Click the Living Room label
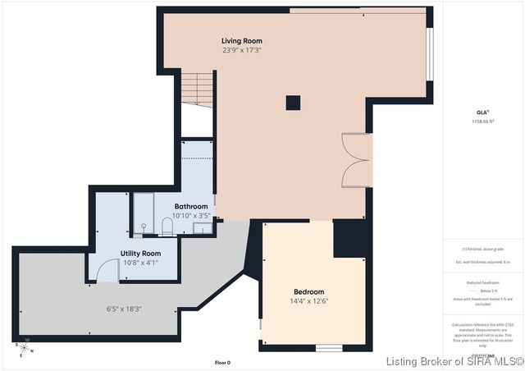point(242,40)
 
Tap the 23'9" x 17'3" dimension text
point(242,50)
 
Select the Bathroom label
point(191,206)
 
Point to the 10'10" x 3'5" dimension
point(191,215)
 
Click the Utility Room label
point(140,254)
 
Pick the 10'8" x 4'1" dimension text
point(140,263)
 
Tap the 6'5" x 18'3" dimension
point(124,309)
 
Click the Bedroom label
point(309,291)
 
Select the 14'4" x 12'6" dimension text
point(309,301)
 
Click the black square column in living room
point(293,103)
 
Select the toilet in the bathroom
point(166,226)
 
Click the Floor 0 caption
point(222,362)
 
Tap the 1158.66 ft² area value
point(482,121)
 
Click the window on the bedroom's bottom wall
point(329,347)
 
